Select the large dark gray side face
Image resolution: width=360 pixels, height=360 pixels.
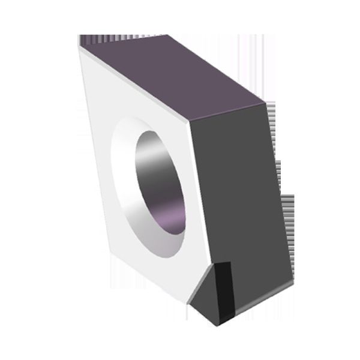(240, 192)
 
